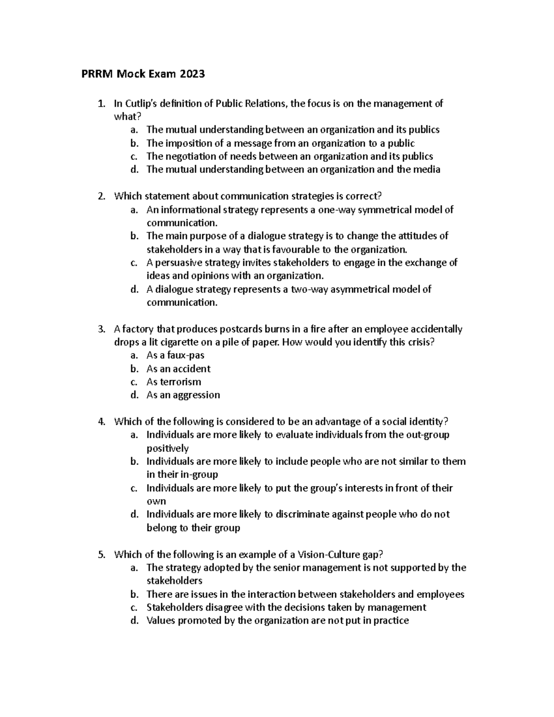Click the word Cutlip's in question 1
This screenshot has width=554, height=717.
141,103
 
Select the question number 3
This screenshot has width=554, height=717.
102,329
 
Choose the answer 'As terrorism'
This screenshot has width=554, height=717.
174,382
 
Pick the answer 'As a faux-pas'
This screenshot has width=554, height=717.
175,355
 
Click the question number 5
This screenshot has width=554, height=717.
102,554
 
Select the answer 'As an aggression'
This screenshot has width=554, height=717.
183,395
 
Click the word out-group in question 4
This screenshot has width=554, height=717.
427,435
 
